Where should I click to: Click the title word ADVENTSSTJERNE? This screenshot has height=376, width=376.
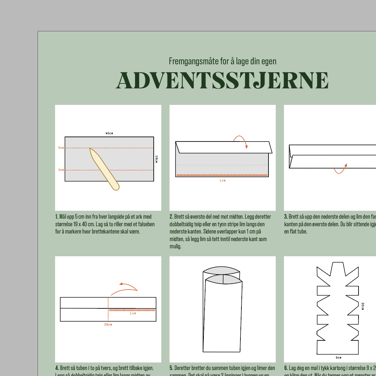click(x=222, y=80)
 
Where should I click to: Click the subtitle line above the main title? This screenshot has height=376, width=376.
click(x=222, y=61)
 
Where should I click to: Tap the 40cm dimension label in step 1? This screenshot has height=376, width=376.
click(x=109, y=133)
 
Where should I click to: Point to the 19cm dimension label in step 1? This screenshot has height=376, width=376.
click(x=156, y=159)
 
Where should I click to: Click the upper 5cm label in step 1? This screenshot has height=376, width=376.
click(x=61, y=148)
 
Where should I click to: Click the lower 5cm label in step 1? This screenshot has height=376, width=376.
click(x=61, y=170)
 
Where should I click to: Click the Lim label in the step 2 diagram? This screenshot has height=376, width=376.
click(x=223, y=180)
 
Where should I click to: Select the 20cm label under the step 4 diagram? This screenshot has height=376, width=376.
click(x=108, y=325)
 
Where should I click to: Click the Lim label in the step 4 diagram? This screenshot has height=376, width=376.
click(x=133, y=313)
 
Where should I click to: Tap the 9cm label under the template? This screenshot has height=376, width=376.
click(x=338, y=358)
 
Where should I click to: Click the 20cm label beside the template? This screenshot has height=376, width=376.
click(x=362, y=306)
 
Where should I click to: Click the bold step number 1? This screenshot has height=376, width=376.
click(x=56, y=217)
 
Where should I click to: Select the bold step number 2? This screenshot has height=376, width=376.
click(x=171, y=217)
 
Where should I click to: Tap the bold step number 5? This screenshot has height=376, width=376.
click(x=171, y=368)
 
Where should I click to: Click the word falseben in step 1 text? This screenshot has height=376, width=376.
click(x=145, y=224)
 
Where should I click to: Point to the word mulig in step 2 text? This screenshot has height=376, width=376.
click(x=175, y=246)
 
